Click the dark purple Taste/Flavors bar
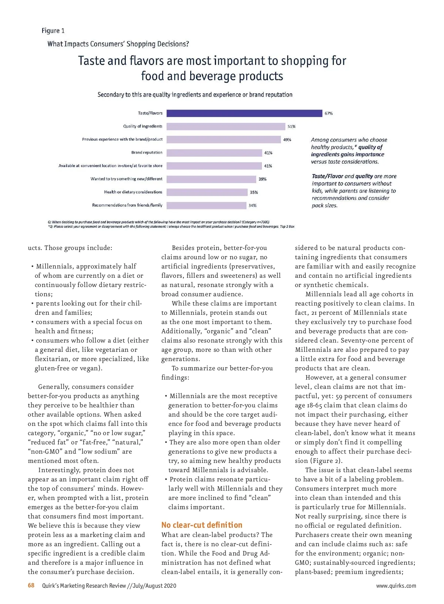244,113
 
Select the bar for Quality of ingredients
226,127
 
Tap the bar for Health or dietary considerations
207,192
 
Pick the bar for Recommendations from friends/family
206,206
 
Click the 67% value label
329,113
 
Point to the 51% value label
292,127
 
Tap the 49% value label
287,140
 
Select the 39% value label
262,179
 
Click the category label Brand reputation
147,153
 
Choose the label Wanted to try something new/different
126,179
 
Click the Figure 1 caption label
53,31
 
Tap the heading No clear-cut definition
202,525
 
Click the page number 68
31,585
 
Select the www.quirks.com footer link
396,586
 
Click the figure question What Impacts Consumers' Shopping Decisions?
118,44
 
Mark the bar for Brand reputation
214,153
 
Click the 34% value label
252,206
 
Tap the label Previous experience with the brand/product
122,140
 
